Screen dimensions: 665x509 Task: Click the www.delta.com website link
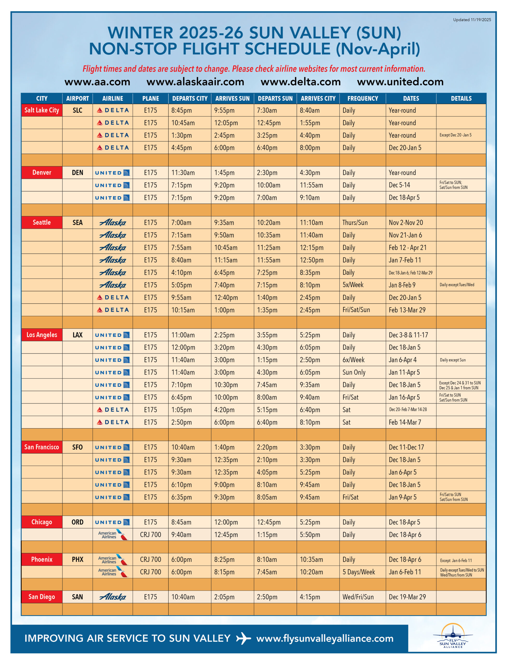point(301,82)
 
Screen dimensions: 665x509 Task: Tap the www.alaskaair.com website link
point(195,82)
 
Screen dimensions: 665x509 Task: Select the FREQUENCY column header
point(363,98)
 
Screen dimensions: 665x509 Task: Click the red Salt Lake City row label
point(42,110)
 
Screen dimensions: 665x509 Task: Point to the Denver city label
point(42,172)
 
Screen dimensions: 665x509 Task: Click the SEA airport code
point(78,223)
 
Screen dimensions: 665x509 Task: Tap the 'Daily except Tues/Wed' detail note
point(457,285)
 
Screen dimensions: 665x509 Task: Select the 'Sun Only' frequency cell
point(354,373)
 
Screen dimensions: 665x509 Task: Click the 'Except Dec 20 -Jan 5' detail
point(455,135)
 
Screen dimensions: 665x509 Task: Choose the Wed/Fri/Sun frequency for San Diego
point(358,597)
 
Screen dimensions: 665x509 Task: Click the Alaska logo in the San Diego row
point(113,597)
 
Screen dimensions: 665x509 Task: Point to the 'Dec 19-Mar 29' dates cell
point(407,597)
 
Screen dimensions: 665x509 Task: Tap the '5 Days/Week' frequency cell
point(359,572)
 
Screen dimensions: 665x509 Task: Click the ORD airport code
point(78,522)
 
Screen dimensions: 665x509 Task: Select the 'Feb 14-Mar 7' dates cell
point(405,422)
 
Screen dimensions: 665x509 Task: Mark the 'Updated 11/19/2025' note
point(472,20)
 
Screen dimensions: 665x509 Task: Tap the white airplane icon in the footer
point(243,638)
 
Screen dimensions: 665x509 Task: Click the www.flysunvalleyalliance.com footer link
point(325,638)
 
